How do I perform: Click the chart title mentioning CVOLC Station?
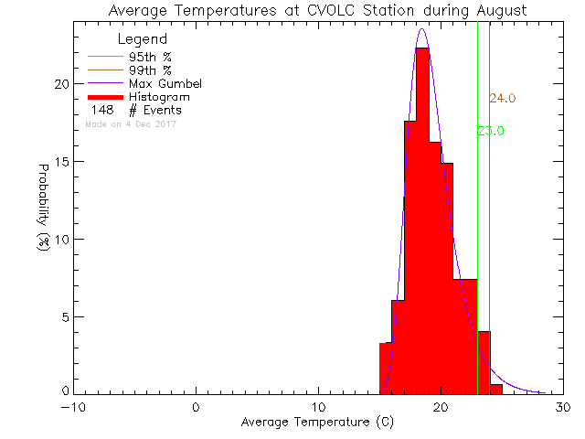click(x=316, y=10)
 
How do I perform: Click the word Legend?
click(x=142, y=39)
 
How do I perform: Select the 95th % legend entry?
click(x=147, y=56)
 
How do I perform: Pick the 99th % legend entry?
click(x=147, y=70)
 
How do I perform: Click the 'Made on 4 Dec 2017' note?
click(x=130, y=123)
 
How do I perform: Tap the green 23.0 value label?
click(x=491, y=131)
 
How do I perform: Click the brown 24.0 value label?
click(x=503, y=99)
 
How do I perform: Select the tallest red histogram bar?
click(x=422, y=219)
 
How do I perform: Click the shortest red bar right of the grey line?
click(x=496, y=390)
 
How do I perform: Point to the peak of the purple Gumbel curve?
click(x=422, y=29)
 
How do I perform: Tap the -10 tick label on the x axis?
click(x=74, y=407)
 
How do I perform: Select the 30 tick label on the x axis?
click(x=564, y=407)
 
